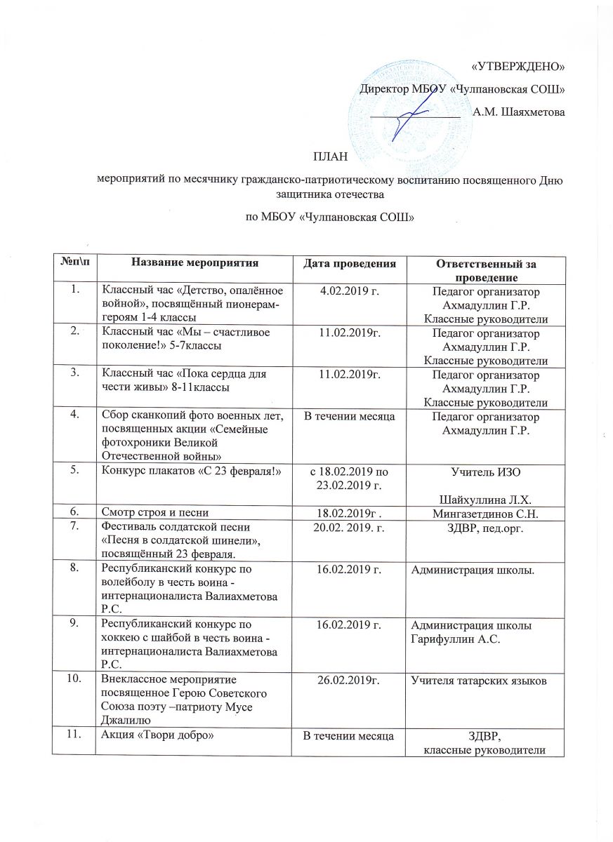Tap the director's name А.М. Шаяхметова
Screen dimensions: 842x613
tap(519, 112)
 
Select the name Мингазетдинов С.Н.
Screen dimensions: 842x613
tap(492, 514)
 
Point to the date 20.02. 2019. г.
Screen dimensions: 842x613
tap(354, 528)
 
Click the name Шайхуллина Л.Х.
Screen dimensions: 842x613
tap(491, 500)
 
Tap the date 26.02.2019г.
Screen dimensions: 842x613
tap(353, 680)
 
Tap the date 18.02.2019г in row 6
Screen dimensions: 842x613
tap(353, 514)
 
